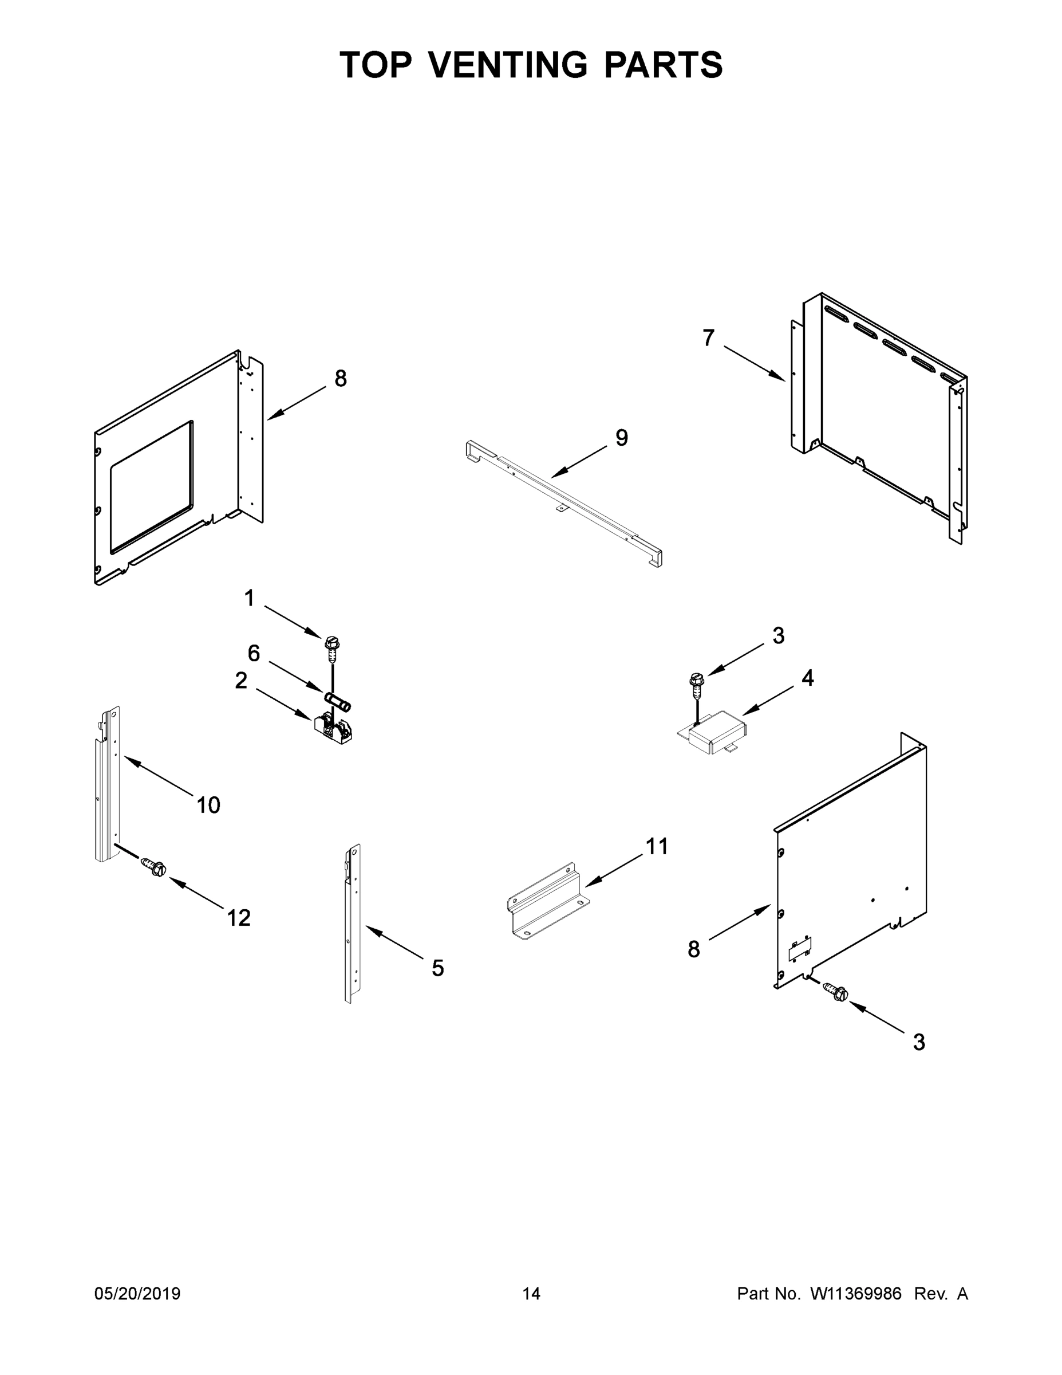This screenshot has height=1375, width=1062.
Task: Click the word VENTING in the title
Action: tap(508, 65)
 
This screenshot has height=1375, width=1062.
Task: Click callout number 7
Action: tap(708, 338)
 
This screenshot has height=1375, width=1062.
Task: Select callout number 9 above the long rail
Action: tap(621, 438)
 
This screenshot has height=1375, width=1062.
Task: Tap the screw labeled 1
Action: tap(331, 646)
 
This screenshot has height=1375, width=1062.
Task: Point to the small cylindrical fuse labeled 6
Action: tap(338, 701)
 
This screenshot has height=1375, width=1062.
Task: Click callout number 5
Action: tap(438, 968)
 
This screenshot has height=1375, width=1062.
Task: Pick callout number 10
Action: tap(208, 804)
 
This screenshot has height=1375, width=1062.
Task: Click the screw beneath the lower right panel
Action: tap(838, 993)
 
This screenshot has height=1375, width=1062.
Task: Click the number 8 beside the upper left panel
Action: tap(341, 378)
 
